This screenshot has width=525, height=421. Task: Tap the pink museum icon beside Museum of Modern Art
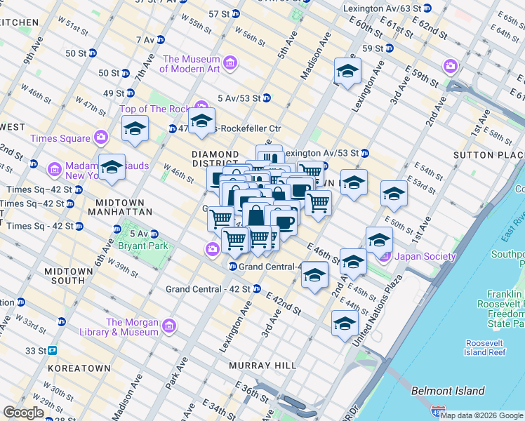tap(230, 64)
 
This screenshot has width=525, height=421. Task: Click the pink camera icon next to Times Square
tap(101, 138)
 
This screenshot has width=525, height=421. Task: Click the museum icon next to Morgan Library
tap(169, 326)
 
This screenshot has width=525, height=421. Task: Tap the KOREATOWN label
tap(79, 368)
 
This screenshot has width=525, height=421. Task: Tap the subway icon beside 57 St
tap(239, 13)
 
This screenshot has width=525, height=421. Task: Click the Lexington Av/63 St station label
tap(382, 8)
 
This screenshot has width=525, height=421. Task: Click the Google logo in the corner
tap(22, 413)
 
